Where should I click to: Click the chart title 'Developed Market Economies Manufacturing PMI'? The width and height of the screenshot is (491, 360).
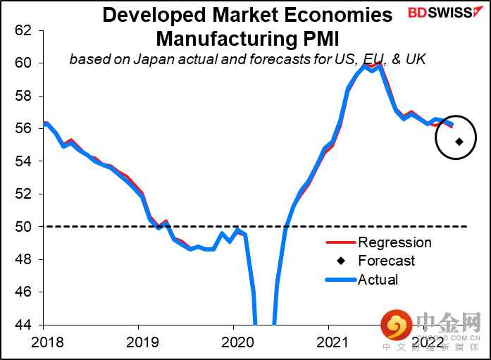tap(247, 25)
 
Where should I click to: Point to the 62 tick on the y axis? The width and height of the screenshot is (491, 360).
tap(23, 30)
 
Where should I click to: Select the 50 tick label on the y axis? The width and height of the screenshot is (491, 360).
tap(23, 227)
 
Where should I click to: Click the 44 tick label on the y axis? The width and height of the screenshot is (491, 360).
tap(23, 325)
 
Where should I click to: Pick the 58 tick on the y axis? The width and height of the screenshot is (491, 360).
tap(23, 96)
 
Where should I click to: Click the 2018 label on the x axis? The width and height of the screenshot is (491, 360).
tap(43, 345)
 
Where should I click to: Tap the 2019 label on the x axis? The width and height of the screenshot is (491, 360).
tap(138, 345)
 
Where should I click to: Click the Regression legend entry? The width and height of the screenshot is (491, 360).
tap(394, 243)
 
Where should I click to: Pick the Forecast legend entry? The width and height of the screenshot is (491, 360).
tap(387, 261)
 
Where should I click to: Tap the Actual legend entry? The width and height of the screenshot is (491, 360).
tap(378, 280)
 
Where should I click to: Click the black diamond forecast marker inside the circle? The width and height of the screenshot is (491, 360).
tap(459, 142)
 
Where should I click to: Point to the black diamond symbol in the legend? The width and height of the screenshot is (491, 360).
tap(341, 261)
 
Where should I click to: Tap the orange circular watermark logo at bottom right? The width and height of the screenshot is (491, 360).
tap(397, 326)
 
